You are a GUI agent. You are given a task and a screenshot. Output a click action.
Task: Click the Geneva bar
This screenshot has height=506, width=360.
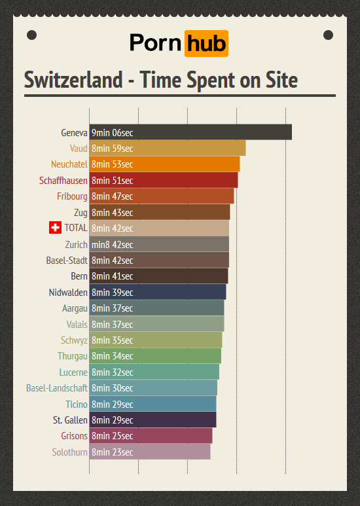[190, 132]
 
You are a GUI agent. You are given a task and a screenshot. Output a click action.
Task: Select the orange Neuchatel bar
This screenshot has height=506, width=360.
[164, 164]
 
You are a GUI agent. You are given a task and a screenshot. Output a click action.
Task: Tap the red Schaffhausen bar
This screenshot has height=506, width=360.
[164, 180]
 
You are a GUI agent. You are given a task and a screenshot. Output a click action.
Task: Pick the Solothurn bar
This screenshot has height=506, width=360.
[150, 452]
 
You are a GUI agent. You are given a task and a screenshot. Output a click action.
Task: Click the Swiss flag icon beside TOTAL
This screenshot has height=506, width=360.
[55, 228]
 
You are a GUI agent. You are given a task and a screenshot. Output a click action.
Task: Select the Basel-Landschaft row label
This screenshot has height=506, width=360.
[57, 388]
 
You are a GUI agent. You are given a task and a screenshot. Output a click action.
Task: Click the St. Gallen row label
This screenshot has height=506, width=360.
[70, 420]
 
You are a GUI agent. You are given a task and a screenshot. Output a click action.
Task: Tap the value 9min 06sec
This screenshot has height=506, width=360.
[113, 133]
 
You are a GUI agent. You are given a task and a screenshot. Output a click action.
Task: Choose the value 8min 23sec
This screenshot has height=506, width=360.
[113, 452]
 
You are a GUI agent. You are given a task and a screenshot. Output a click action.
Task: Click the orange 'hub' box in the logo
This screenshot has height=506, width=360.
[206, 43]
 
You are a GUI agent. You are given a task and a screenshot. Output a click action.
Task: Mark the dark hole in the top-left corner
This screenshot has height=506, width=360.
[31, 35]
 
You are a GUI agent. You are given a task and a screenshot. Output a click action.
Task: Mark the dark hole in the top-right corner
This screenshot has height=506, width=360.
[328, 35]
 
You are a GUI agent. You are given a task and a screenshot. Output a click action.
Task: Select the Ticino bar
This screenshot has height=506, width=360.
[153, 404]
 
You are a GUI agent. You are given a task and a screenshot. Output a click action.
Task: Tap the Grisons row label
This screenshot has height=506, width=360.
[74, 436]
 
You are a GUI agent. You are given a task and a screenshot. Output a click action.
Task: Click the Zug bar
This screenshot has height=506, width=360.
[160, 212]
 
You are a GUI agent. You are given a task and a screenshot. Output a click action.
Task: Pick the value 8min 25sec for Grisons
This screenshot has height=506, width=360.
[113, 436]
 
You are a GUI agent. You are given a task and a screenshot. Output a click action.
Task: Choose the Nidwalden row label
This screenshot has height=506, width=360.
[68, 292]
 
